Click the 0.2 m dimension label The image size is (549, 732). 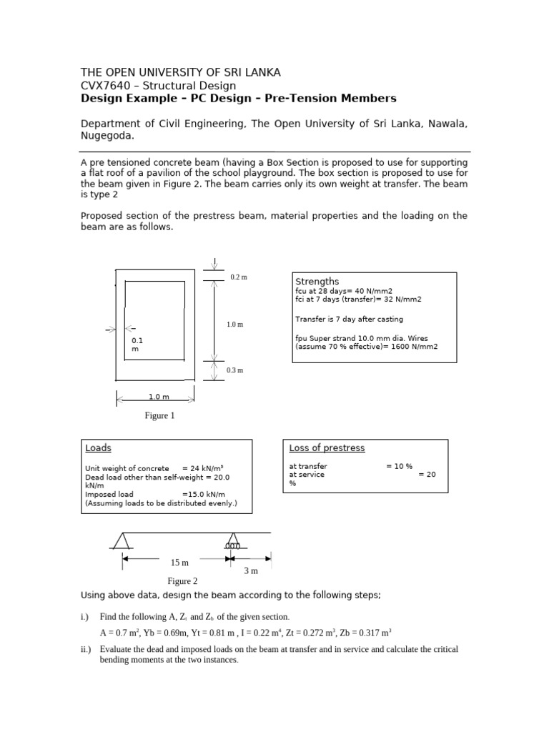(x=238, y=277)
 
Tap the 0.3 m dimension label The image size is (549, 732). (x=235, y=370)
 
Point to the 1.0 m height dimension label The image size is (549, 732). (x=235, y=324)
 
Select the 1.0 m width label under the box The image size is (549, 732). (x=159, y=397)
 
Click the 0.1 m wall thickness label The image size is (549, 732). (x=138, y=345)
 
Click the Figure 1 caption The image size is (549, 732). (x=159, y=416)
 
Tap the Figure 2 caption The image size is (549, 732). (x=182, y=581)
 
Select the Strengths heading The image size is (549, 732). (x=317, y=282)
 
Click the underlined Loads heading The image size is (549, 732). (x=98, y=448)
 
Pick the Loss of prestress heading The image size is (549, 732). (x=327, y=448)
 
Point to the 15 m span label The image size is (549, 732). (x=179, y=563)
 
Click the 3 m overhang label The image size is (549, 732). (x=250, y=570)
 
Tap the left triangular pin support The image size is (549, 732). (x=122, y=541)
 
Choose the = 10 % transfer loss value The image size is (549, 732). (x=399, y=466)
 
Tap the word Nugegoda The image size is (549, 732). (x=107, y=136)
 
